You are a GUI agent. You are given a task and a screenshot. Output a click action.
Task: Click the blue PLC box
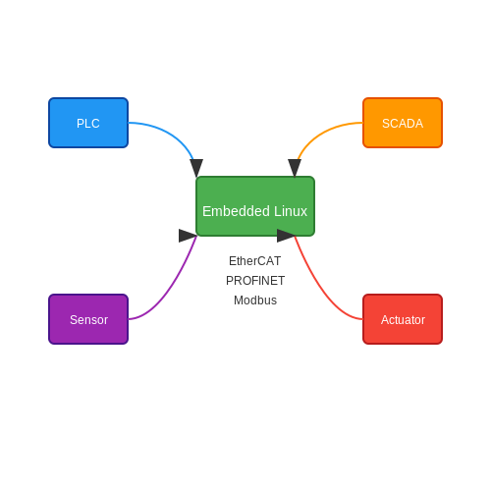point(88,123)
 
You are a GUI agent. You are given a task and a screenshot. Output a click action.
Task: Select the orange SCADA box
point(403,123)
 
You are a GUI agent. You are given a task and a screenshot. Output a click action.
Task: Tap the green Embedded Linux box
point(255,206)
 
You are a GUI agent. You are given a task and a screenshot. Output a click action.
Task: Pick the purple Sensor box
point(88,319)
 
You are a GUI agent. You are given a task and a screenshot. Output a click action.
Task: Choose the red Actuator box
point(403,319)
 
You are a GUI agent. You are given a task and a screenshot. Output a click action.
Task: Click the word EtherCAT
point(255,261)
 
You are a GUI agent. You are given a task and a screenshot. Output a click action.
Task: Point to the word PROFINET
point(255,281)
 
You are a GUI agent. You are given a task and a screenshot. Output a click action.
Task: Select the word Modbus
point(255,300)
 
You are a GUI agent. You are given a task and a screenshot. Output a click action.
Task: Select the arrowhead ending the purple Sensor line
point(188,236)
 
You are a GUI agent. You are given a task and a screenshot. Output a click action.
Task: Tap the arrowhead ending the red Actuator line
point(286,236)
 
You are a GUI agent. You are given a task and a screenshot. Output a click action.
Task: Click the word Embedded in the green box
point(236,211)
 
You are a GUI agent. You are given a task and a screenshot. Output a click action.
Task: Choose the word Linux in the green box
point(291,211)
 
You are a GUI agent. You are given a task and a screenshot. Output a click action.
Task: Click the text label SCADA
point(403,124)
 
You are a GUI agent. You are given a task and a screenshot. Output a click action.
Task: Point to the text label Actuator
point(403,320)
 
